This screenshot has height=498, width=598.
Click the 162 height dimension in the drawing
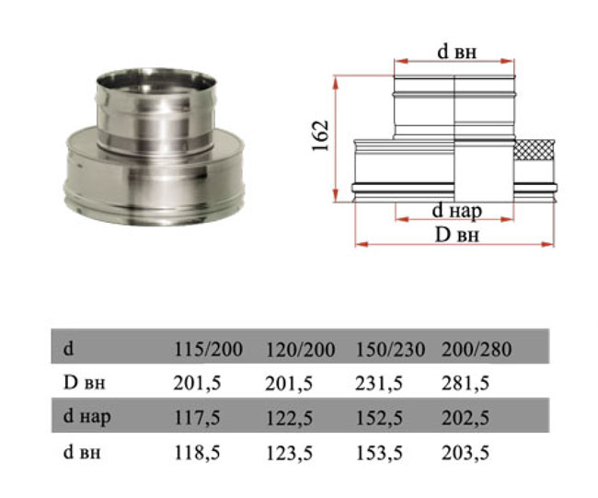[x=320, y=136]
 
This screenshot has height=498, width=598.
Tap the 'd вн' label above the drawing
[x=457, y=52]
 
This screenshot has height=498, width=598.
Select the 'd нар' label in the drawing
[x=457, y=211]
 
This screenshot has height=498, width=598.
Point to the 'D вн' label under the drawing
[x=457, y=235]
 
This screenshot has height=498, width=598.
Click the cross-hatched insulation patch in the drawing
[x=535, y=150]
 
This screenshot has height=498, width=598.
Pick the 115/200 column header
[x=208, y=349]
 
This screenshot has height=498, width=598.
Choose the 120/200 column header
[x=300, y=350]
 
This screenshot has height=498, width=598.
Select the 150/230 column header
[x=390, y=350]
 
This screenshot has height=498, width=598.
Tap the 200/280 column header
[x=477, y=349]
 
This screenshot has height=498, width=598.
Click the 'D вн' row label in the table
[x=84, y=383]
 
